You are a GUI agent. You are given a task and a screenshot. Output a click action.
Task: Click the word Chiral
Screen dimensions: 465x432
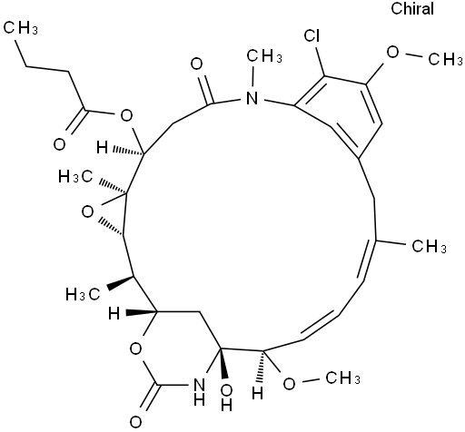point(412,8)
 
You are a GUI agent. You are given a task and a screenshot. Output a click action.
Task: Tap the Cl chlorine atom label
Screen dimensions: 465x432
point(312,35)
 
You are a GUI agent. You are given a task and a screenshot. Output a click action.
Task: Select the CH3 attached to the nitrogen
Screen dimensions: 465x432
point(264,56)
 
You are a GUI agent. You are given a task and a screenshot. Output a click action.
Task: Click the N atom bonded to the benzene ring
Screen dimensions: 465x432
point(252,98)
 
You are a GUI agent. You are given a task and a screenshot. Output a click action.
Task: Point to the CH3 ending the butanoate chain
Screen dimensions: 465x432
point(21,28)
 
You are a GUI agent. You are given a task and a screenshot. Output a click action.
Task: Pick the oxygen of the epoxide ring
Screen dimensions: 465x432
point(88,212)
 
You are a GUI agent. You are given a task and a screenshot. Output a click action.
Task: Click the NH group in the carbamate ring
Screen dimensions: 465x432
point(199,392)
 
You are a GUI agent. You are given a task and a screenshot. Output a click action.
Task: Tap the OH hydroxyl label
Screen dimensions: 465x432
point(226,398)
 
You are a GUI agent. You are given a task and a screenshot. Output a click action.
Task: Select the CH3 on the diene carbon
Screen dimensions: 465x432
point(429,246)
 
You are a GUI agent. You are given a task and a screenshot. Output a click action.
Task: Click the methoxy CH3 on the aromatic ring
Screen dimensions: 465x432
point(446,59)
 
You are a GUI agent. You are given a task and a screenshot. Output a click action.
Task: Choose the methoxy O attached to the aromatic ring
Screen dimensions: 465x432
point(393,53)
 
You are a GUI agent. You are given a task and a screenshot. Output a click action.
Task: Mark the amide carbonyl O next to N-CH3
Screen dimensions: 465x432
point(197,64)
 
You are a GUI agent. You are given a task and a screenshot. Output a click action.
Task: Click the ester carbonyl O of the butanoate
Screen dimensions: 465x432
point(59,144)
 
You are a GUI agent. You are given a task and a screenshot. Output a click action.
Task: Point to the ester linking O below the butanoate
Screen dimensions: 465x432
point(126,115)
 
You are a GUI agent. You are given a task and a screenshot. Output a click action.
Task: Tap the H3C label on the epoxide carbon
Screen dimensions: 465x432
point(76,176)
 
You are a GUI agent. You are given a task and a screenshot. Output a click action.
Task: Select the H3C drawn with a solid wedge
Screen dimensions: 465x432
point(84,294)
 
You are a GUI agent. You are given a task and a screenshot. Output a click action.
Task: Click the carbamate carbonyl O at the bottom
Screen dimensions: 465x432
point(136,422)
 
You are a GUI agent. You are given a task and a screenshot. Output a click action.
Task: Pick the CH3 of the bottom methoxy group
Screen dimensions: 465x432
point(342,378)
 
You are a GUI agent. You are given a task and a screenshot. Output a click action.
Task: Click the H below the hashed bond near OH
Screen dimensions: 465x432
point(258,394)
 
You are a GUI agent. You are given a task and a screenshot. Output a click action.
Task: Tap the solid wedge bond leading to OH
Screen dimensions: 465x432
point(223,364)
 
